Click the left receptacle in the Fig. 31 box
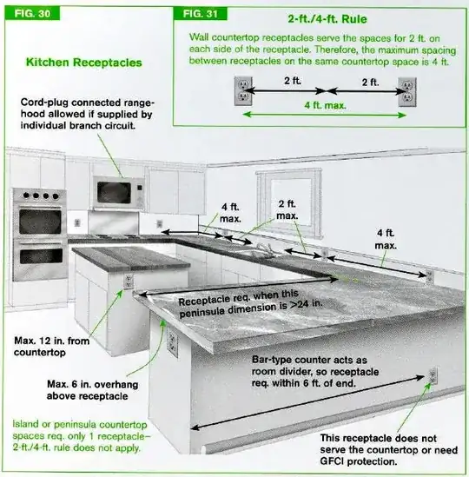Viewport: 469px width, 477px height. tap(243, 89)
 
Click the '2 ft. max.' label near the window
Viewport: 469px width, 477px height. tap(287, 209)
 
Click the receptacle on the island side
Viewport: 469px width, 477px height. tap(129, 282)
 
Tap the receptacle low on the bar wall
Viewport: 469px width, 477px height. tap(432, 375)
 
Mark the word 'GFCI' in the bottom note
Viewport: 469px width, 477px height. tap(339, 461)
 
